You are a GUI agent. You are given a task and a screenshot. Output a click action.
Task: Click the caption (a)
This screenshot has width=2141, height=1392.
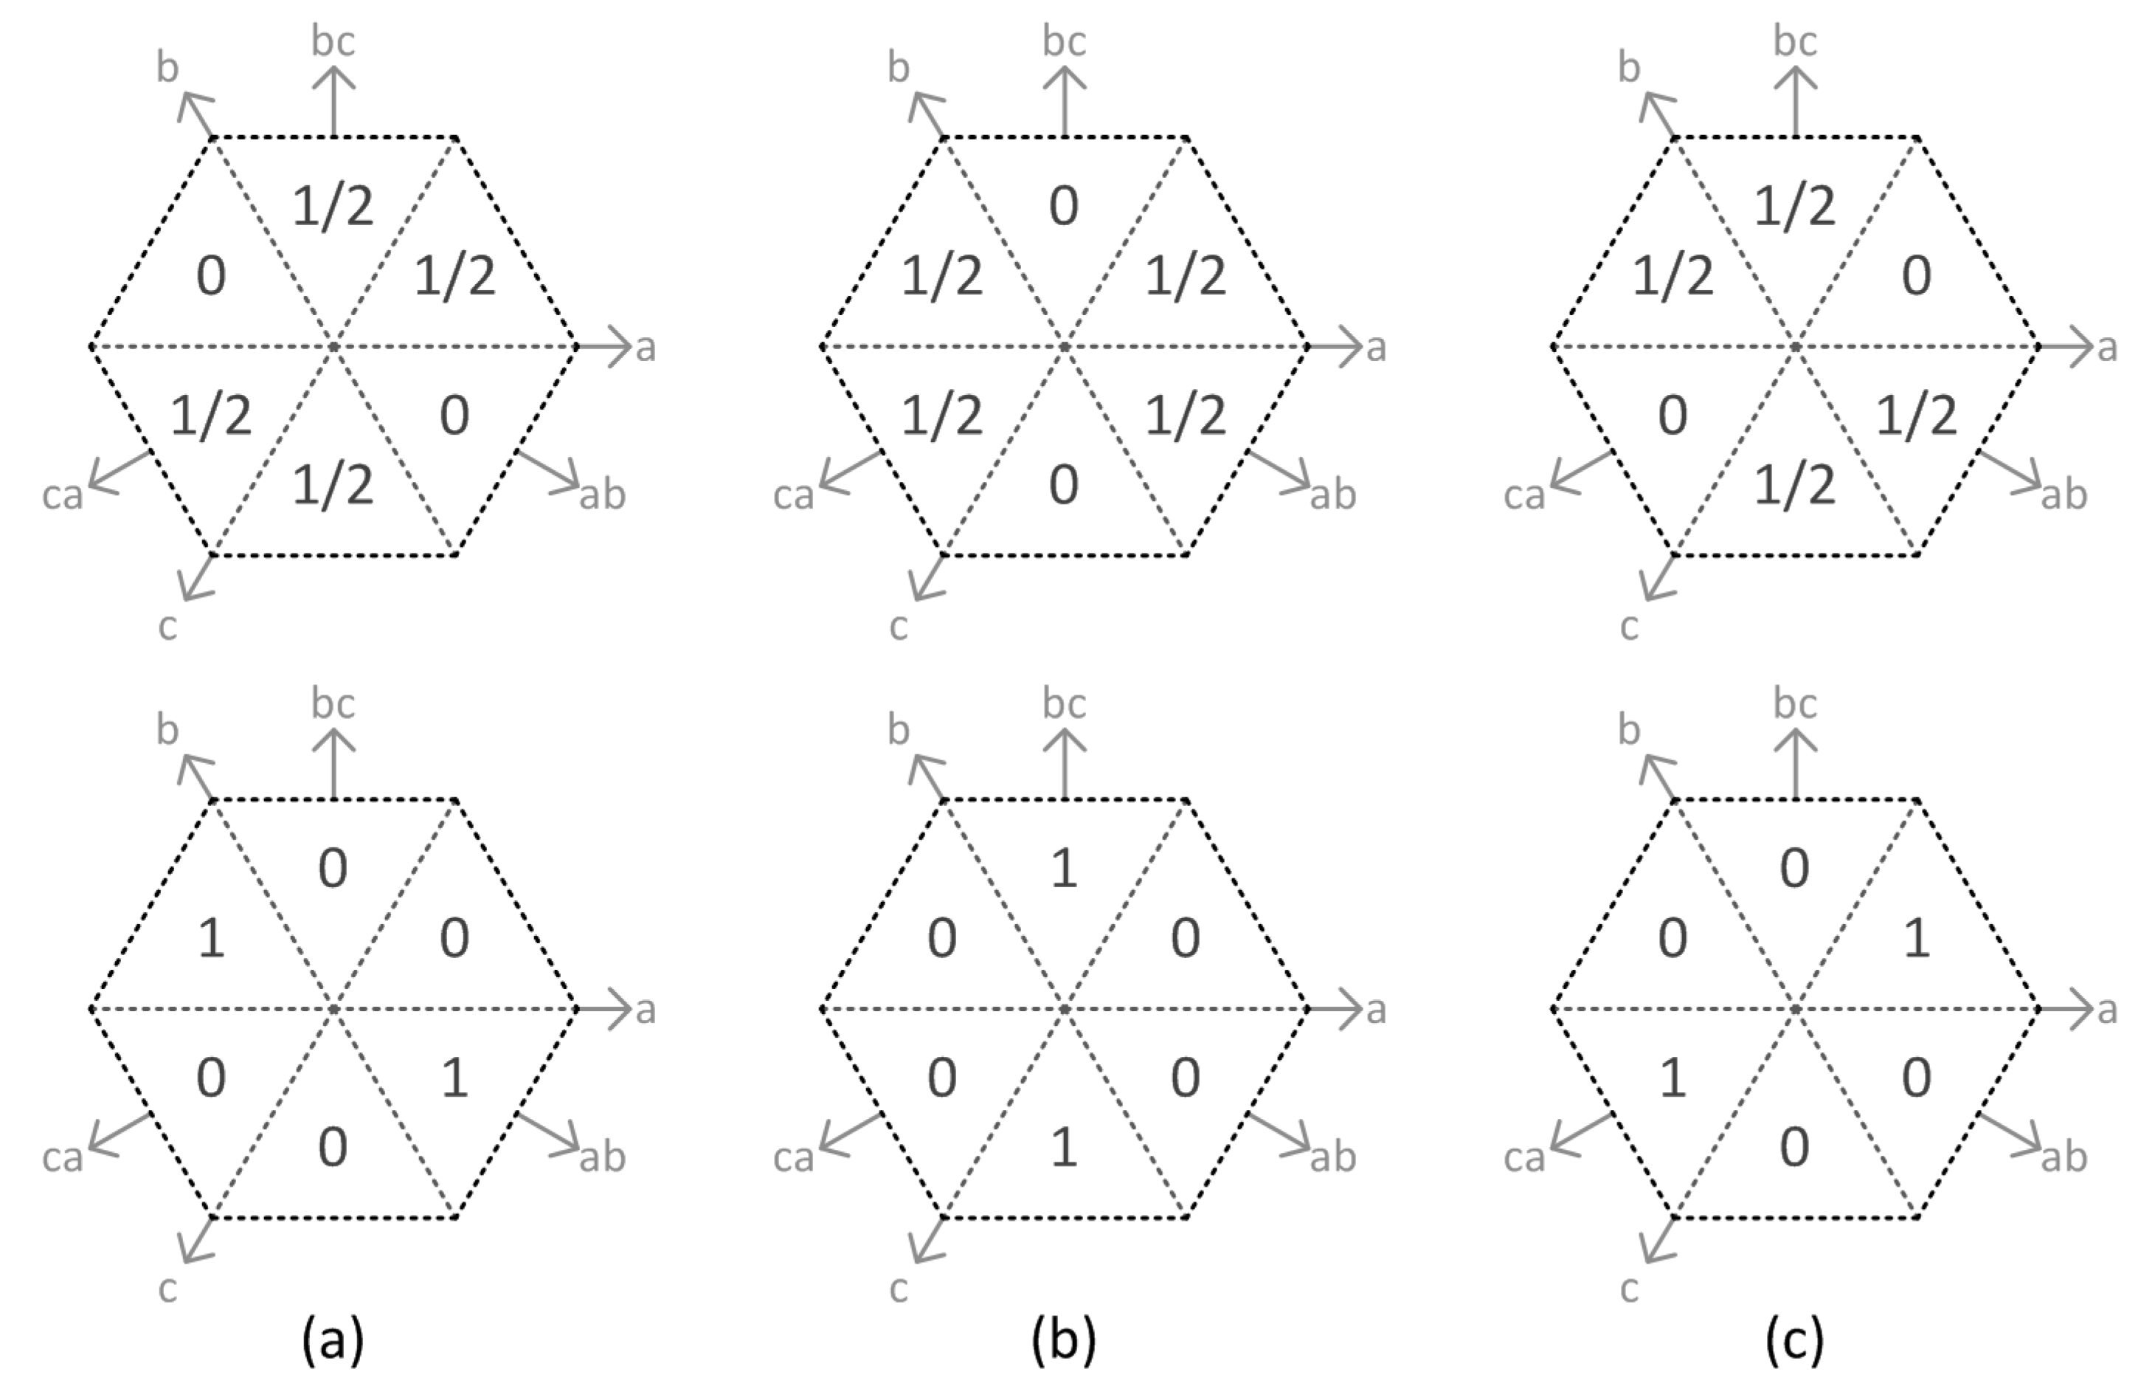point(333,1340)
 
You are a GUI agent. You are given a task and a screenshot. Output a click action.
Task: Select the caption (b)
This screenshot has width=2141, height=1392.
point(1064,1340)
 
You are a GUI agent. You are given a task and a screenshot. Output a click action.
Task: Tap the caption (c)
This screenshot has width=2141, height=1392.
point(1795,1340)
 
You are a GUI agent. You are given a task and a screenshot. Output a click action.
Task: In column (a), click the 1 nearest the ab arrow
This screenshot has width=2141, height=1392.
point(454,1077)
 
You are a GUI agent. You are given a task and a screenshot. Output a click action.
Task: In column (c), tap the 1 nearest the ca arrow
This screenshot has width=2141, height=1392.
point(1673,1077)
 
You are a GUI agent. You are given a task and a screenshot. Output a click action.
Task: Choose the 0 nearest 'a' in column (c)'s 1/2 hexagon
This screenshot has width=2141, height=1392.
point(1916,276)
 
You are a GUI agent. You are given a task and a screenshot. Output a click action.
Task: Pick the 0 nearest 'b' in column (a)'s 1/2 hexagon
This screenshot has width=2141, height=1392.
point(210,276)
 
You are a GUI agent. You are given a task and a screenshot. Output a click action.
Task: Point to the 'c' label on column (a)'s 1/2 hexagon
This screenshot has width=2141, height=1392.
point(167,627)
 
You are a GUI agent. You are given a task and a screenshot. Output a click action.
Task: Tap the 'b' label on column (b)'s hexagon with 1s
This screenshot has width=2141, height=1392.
point(898,731)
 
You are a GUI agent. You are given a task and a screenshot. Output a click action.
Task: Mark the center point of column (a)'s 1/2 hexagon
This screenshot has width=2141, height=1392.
point(333,345)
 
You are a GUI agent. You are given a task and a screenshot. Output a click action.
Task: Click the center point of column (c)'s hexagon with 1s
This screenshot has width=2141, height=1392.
point(1795,1009)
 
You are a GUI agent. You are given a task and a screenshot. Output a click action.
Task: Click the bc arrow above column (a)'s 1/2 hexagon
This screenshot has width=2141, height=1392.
point(333,99)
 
